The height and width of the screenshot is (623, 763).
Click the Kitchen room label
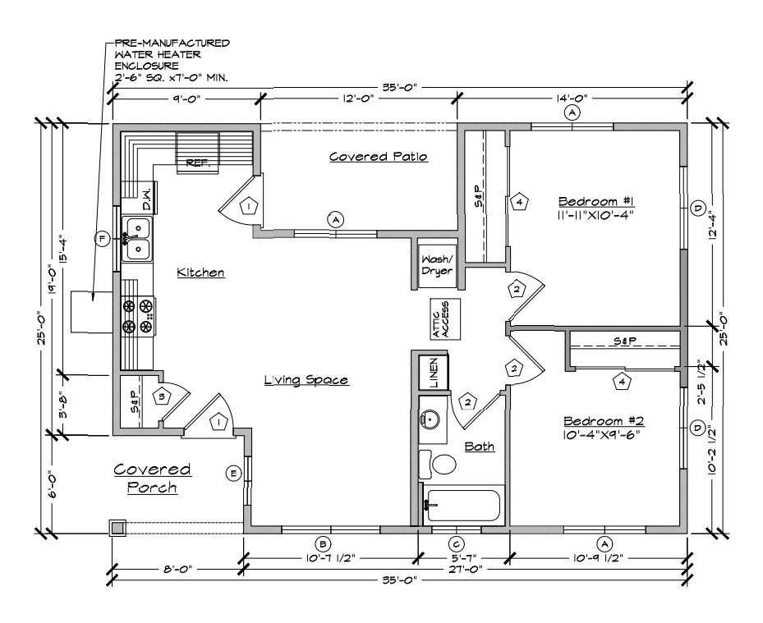click(x=200, y=273)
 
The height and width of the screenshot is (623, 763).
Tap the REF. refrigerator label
click(x=198, y=163)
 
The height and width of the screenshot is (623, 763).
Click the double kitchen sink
click(x=136, y=239)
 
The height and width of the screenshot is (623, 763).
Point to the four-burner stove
click(x=138, y=317)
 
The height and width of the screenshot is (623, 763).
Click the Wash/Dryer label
click(x=437, y=265)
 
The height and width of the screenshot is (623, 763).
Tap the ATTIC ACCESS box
click(x=445, y=319)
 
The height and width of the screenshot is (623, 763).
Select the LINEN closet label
click(x=434, y=373)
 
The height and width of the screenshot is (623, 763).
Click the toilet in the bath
click(x=438, y=464)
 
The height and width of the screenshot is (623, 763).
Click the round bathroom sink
click(x=430, y=418)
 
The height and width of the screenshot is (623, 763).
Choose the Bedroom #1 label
click(x=595, y=201)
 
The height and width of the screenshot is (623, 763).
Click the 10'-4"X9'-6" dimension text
click(x=600, y=434)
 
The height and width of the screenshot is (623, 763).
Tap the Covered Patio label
click(x=379, y=157)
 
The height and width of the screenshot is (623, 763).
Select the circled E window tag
click(x=234, y=474)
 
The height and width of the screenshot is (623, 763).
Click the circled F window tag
click(x=102, y=239)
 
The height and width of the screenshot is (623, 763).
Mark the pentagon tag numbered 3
click(x=162, y=396)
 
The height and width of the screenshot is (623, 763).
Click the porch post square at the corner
click(x=117, y=528)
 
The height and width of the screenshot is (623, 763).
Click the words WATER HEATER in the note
click(x=158, y=54)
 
